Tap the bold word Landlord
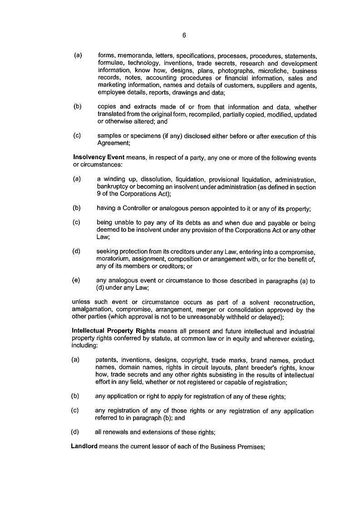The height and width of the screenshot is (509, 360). click(x=84, y=446)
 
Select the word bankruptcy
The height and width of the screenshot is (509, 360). click(x=112, y=187)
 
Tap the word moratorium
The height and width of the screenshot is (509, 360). click(x=112, y=259)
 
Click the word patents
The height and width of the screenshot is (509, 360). click(x=106, y=360)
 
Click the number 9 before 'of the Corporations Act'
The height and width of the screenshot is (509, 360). click(x=99, y=194)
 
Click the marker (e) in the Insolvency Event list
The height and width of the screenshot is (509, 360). click(x=76, y=280)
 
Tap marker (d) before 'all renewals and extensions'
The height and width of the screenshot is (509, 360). click(x=75, y=432)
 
